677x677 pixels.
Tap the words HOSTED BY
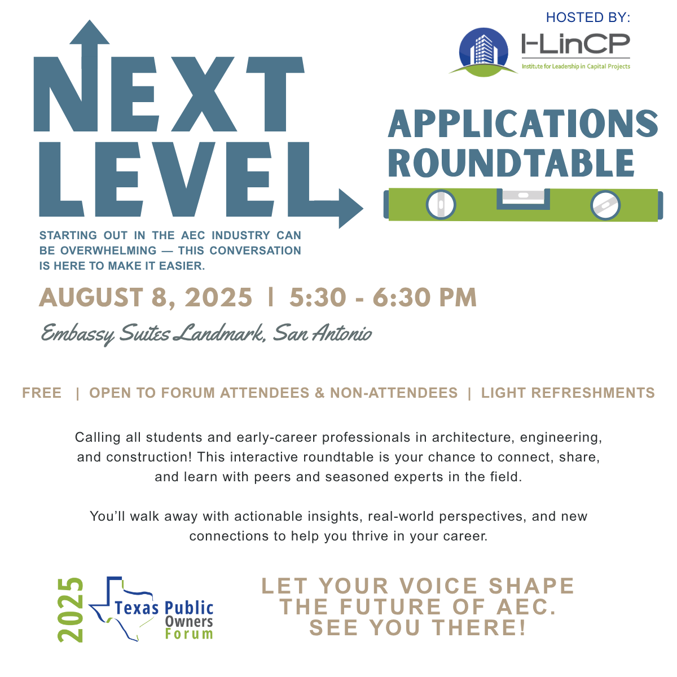coord(588,17)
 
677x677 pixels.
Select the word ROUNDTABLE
coord(511,164)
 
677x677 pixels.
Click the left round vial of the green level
coord(441,205)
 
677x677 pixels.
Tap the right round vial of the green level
coord(605,205)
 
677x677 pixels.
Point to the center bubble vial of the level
coord(523,196)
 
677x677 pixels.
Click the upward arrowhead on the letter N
coord(89,33)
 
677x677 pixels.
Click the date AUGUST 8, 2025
coord(146,298)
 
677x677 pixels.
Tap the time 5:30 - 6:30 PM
coord(383,298)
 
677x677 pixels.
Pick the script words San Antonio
coord(322,333)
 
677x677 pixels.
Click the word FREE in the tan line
coord(42,393)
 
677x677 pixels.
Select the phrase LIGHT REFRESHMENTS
coord(568,393)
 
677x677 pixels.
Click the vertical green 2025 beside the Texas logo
coord(71,609)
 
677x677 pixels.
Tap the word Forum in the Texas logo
coord(189,634)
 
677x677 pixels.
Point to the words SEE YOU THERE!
coord(417,628)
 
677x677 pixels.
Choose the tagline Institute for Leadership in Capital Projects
coord(575,67)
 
